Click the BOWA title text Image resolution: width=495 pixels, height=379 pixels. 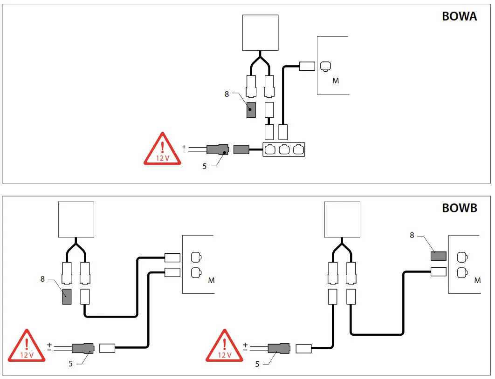[x=459, y=16]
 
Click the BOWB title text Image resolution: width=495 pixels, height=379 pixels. [x=459, y=208]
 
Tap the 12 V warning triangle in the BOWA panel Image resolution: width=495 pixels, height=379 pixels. [x=162, y=149]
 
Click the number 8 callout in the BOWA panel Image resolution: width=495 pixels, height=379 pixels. [x=227, y=94]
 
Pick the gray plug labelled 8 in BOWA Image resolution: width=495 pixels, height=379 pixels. [x=251, y=110]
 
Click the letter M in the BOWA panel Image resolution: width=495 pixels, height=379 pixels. [x=336, y=81]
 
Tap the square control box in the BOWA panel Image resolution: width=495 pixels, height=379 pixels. [x=261, y=33]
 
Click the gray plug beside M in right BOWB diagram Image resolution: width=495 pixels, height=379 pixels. [x=438, y=256]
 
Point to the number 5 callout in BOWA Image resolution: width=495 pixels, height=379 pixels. [x=204, y=165]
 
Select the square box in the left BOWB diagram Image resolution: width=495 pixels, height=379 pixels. [x=76, y=219]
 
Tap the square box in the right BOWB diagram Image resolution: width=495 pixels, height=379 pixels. [x=342, y=219]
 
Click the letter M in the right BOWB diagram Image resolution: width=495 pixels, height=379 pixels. [x=477, y=280]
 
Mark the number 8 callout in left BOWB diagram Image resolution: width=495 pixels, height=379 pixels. [x=43, y=279]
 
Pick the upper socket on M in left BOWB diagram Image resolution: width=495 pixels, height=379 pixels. [x=196, y=257]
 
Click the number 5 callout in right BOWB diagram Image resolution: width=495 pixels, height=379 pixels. [x=257, y=364]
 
